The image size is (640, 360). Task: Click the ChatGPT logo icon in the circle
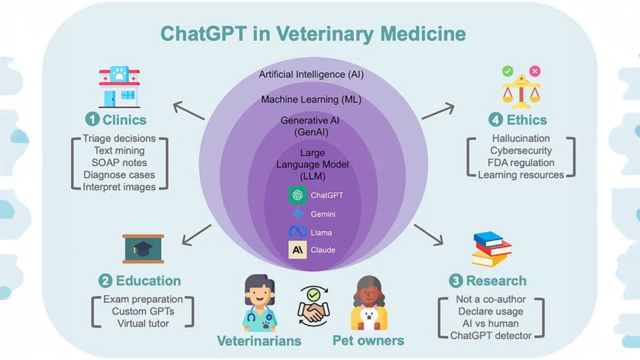click(x=297, y=195)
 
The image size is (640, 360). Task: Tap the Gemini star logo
click(x=298, y=214)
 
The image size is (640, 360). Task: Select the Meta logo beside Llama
click(x=298, y=232)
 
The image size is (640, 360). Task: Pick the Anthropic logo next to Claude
click(x=297, y=250)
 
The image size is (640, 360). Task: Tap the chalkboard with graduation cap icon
click(x=143, y=249)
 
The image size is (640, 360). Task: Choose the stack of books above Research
click(x=492, y=249)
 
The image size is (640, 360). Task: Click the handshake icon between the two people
click(x=313, y=306)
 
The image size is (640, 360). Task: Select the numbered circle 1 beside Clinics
click(x=92, y=119)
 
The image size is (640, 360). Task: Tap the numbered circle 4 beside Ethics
click(x=496, y=119)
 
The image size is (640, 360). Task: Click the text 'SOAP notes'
click(x=119, y=163)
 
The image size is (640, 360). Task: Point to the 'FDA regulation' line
click(x=521, y=163)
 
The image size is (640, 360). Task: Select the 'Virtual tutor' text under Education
click(x=143, y=323)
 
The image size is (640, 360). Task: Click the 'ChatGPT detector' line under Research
click(x=491, y=336)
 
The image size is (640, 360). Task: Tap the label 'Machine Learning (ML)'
click(x=311, y=99)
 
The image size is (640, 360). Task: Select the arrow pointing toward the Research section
click(x=429, y=235)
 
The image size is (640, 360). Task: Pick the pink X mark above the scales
click(x=535, y=71)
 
